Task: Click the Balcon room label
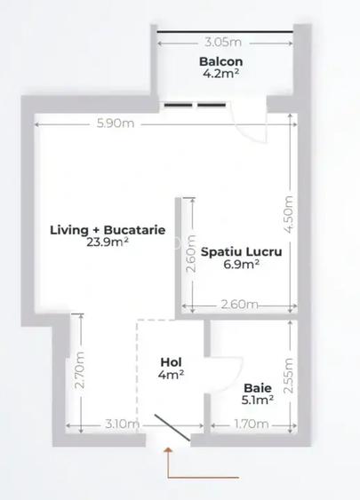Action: click(221, 62)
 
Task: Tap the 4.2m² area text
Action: click(221, 75)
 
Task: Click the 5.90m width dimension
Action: click(116, 124)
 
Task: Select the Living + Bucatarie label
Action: click(108, 229)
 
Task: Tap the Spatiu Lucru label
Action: click(241, 251)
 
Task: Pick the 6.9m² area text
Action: click(242, 264)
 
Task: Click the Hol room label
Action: click(172, 362)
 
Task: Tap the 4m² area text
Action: click(172, 375)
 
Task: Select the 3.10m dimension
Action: click(120, 425)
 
